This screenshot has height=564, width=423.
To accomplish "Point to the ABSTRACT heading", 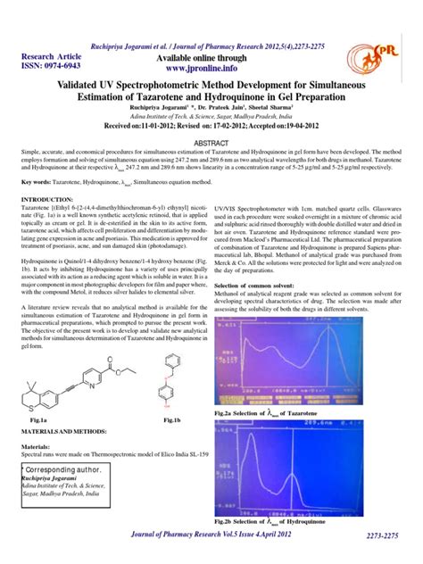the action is tap(211, 142).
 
